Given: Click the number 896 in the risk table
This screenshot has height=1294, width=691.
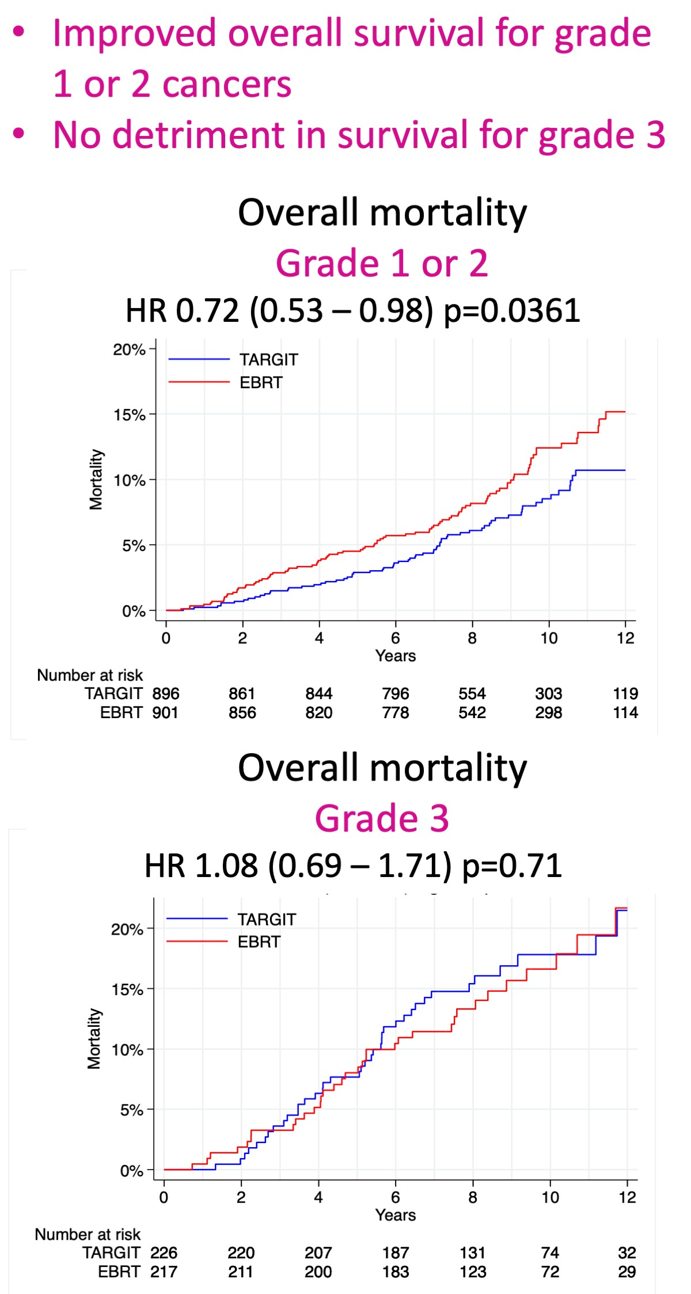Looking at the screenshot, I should [x=166, y=693].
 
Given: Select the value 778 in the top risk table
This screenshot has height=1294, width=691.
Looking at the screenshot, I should [x=396, y=713].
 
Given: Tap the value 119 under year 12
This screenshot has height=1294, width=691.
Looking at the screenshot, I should [x=625, y=693].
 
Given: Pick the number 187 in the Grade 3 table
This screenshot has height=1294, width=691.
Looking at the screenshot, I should [x=396, y=1253].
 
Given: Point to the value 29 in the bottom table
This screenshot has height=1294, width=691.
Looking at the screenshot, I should [x=627, y=1272].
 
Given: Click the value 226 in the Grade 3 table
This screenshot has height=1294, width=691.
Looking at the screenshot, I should [x=164, y=1253].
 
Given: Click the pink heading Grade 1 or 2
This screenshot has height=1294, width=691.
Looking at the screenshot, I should [x=382, y=263].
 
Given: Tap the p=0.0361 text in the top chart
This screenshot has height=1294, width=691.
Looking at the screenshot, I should [x=511, y=311].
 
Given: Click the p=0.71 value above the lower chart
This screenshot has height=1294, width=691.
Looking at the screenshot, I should [x=512, y=866].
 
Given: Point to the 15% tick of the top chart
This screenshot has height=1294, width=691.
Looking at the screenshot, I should [x=129, y=415].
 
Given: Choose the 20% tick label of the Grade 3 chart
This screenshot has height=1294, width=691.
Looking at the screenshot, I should [x=127, y=929].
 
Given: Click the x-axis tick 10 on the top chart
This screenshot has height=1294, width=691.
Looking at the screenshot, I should [x=549, y=638].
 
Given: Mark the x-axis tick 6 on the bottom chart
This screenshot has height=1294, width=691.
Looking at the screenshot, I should [x=396, y=1198].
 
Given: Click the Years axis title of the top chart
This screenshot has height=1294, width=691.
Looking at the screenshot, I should [x=396, y=656].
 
